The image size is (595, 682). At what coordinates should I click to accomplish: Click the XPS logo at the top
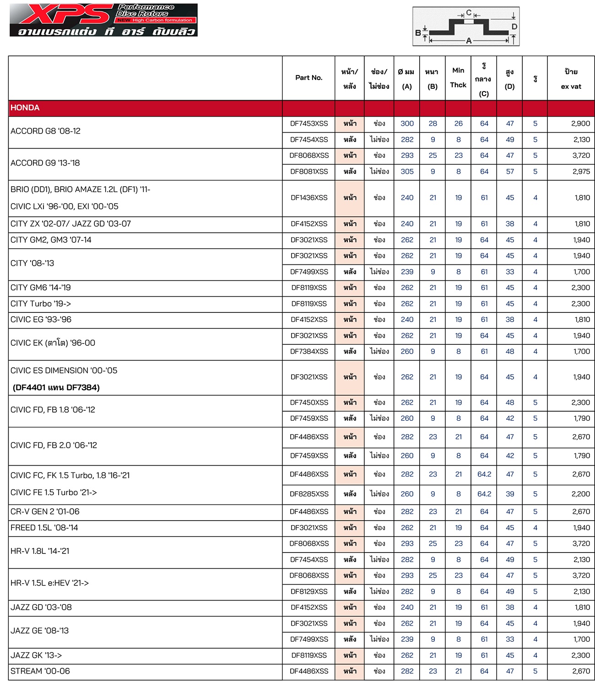(64, 15)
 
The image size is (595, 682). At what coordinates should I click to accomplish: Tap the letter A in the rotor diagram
(469, 41)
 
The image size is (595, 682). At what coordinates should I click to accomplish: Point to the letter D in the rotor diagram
(514, 27)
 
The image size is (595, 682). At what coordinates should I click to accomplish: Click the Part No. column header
(308, 78)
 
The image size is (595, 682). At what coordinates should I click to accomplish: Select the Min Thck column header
(458, 78)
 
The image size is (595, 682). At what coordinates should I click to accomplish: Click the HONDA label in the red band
(25, 108)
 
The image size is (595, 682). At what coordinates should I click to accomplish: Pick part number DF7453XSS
(309, 124)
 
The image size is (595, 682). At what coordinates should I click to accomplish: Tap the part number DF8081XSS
(309, 172)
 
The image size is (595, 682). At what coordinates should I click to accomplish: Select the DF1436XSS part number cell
(309, 198)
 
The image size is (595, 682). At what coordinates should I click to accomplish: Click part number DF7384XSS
(309, 351)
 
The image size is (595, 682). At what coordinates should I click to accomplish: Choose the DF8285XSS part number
(309, 494)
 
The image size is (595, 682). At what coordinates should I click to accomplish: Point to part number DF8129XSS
(309, 591)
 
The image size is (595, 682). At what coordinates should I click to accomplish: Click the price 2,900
(580, 124)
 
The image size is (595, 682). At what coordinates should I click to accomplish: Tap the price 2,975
(580, 172)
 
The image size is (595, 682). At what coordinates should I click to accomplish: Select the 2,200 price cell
(580, 494)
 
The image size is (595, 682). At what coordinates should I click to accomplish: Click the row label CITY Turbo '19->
(41, 304)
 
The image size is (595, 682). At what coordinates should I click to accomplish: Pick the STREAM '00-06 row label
(40, 671)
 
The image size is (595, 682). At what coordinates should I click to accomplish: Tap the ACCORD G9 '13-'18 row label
(45, 163)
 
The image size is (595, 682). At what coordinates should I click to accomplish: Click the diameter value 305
(407, 172)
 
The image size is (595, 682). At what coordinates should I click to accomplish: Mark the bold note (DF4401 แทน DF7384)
(56, 387)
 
